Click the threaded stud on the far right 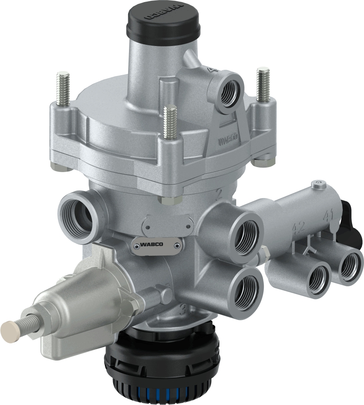(x=263, y=85)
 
